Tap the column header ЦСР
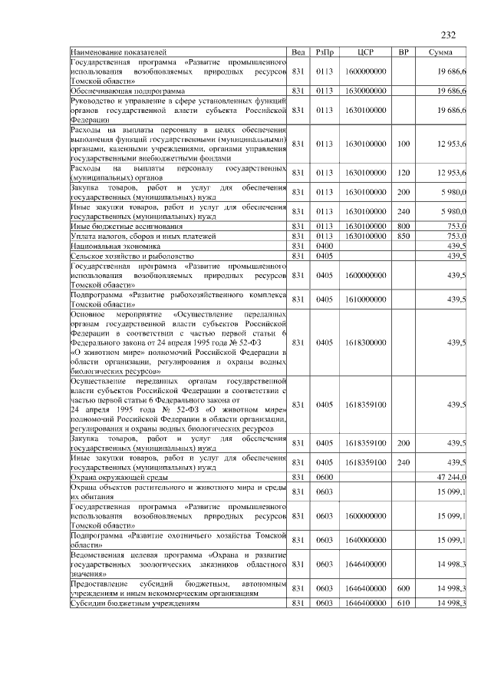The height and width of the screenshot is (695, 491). pos(365,52)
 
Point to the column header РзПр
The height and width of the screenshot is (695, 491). pos(324,52)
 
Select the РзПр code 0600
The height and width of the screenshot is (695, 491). pos(324,477)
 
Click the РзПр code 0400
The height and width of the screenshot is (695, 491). pos(324,245)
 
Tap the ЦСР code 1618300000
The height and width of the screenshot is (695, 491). pos(365,342)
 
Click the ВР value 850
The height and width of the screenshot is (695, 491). pos(404,236)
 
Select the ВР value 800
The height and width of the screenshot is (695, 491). pos(404,227)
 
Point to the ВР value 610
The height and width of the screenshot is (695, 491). pos(404,604)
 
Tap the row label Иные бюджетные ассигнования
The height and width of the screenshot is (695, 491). pos(126,227)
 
